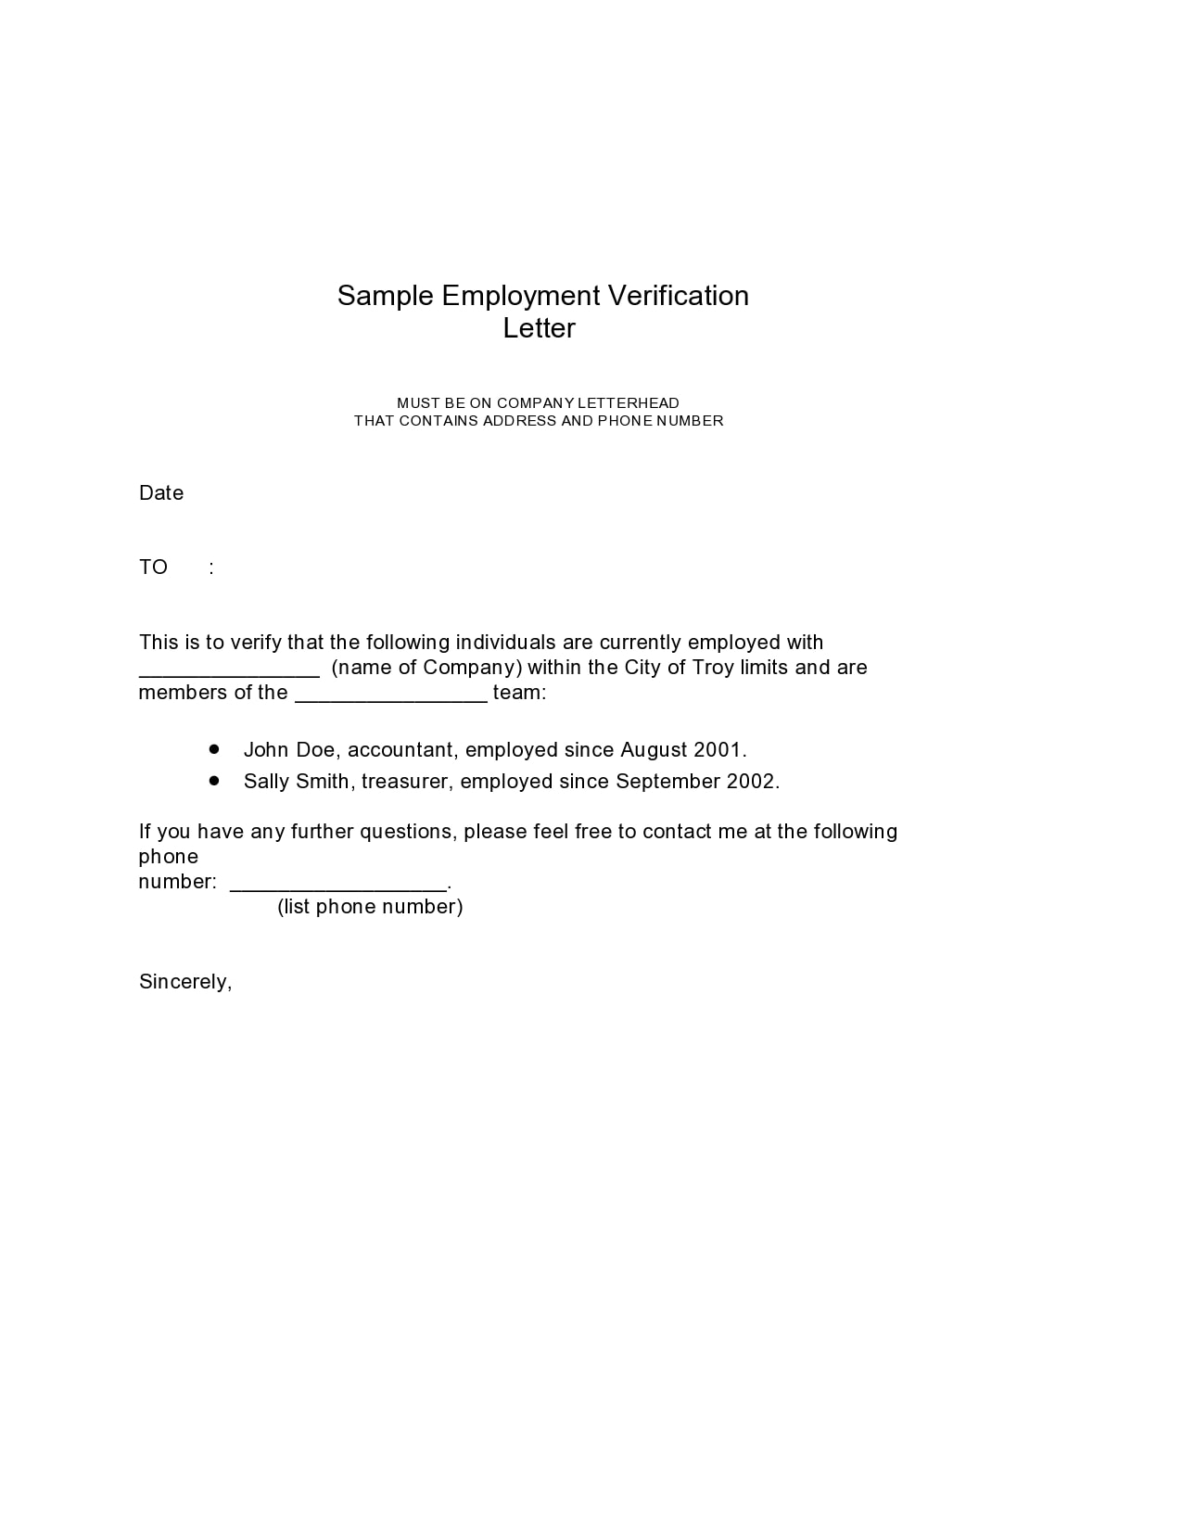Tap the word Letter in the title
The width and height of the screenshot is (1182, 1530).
pyautogui.click(x=539, y=328)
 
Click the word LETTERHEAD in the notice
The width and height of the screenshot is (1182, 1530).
pyautogui.click(x=629, y=403)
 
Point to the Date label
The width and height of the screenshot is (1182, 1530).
pyautogui.click(x=161, y=493)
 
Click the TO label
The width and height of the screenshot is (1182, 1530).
pyautogui.click(x=153, y=567)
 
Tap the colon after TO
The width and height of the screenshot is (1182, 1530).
pyautogui.click(x=211, y=567)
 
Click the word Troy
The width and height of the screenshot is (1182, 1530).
pyautogui.click(x=713, y=668)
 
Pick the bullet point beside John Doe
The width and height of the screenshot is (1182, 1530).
pyautogui.click(x=214, y=748)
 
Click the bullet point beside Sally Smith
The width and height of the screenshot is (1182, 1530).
pyautogui.click(x=214, y=781)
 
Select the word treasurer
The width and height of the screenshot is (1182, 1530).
pyautogui.click(x=405, y=782)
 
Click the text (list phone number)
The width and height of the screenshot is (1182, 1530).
pyautogui.click(x=370, y=907)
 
